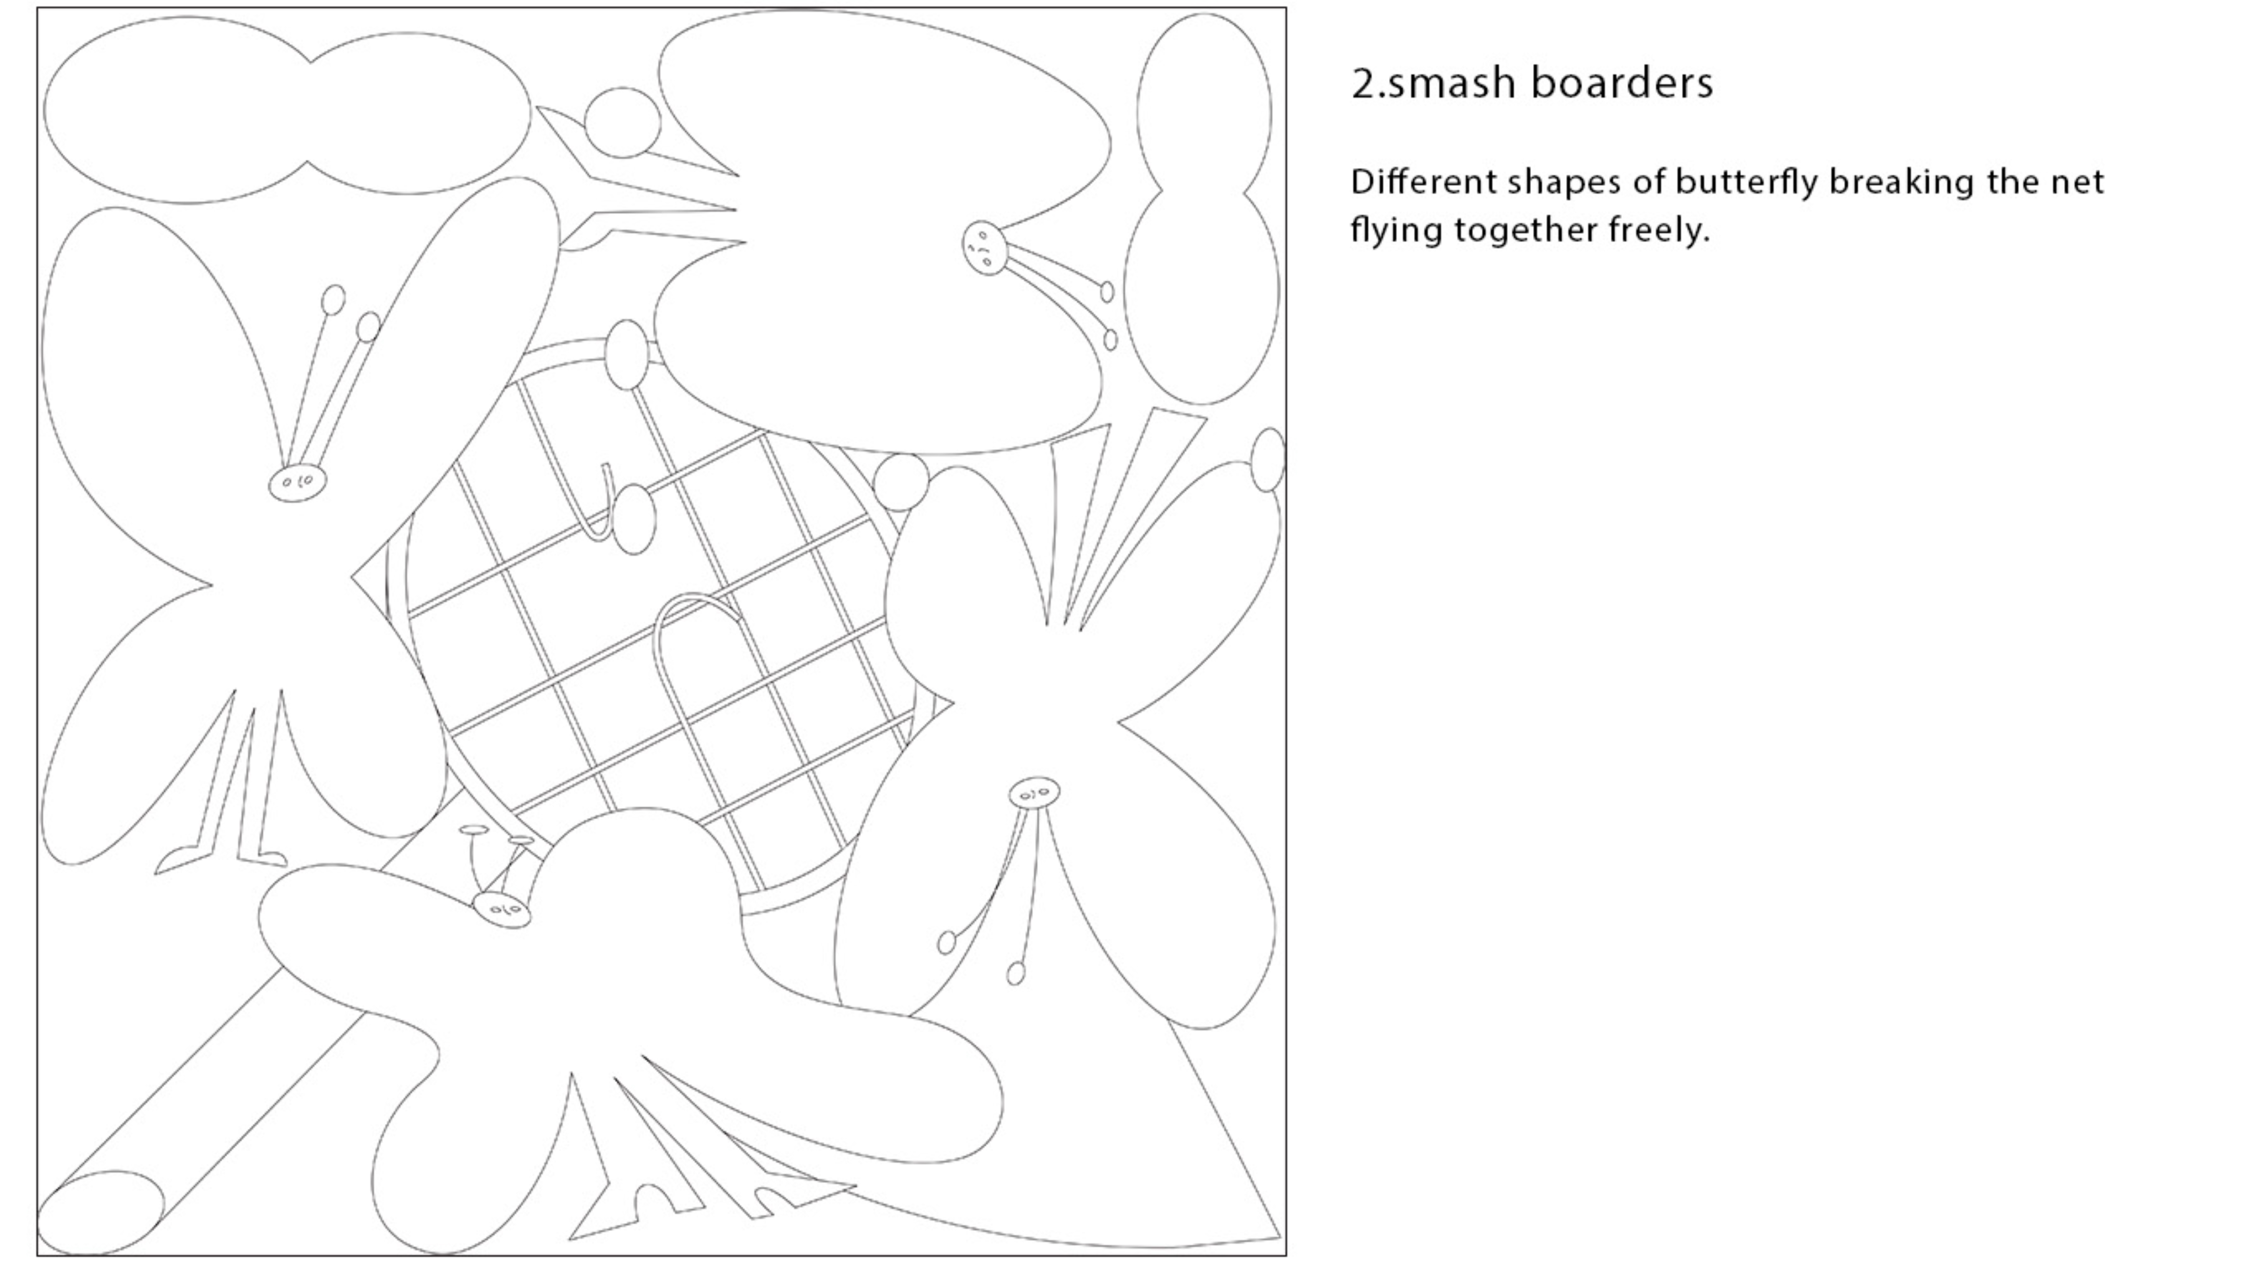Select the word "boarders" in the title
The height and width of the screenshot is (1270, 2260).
click(x=1622, y=83)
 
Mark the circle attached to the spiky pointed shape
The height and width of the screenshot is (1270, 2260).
click(x=622, y=123)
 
